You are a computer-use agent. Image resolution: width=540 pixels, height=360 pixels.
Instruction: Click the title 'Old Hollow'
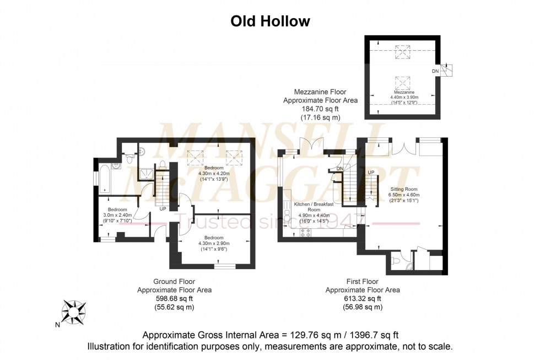pyautogui.click(x=269, y=21)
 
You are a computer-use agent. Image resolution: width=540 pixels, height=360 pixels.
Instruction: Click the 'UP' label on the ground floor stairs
pyautogui.click(x=163, y=209)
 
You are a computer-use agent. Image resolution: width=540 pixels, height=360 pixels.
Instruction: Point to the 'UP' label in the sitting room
pyautogui.click(x=371, y=172)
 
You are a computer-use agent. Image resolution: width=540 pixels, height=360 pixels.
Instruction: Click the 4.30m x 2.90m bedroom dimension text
pyautogui.click(x=214, y=243)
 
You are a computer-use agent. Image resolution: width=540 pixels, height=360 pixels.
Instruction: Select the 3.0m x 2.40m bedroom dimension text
pyautogui.click(x=118, y=216)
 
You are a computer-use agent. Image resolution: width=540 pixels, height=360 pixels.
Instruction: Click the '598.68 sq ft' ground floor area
pyautogui.click(x=174, y=298)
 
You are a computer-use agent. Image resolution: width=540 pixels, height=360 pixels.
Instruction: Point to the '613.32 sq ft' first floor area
pyautogui.click(x=362, y=298)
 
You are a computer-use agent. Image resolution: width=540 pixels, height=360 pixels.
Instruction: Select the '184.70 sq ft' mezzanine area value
pyautogui.click(x=320, y=109)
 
